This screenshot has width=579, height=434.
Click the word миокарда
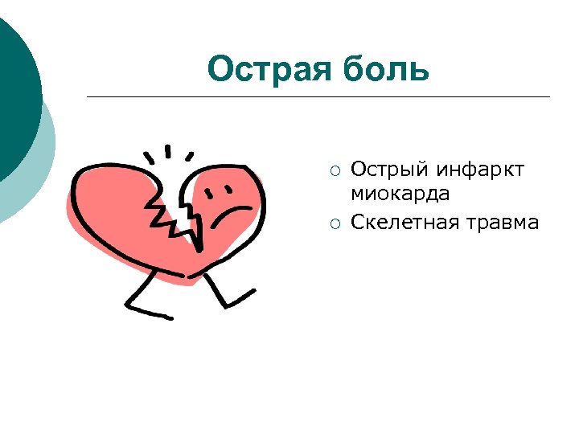400,194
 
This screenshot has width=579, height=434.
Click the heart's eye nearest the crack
213,194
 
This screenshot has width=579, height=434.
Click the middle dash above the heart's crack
169,151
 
